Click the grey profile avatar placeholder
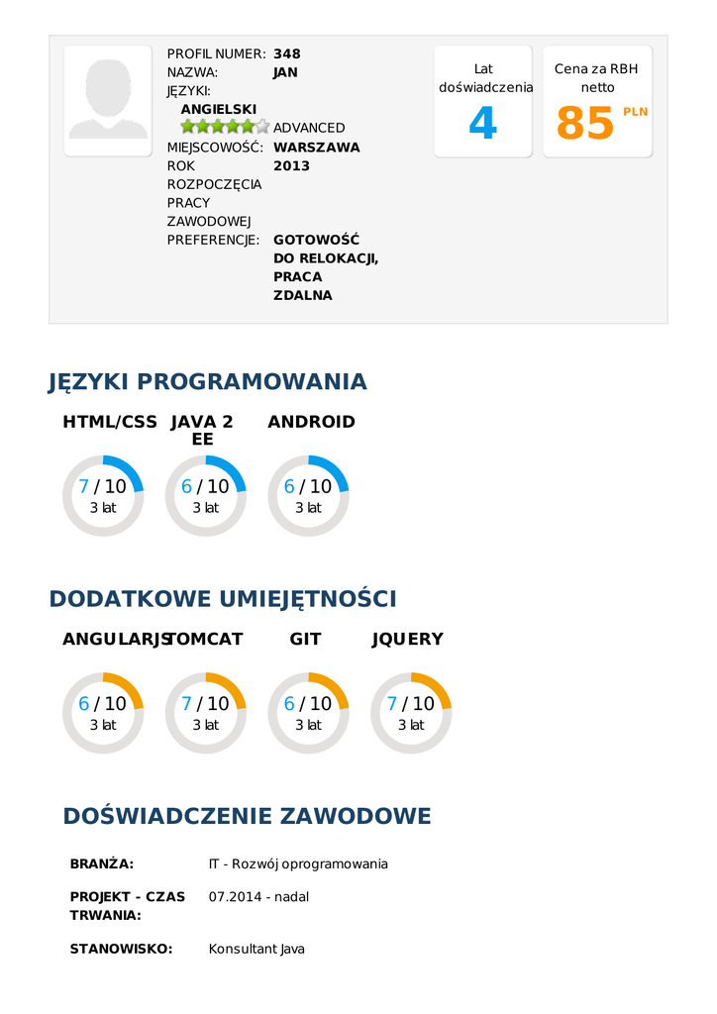coord(108,100)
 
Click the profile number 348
coord(287,53)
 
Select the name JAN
coord(285,72)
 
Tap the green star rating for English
coord(225,127)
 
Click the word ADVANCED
coord(309,128)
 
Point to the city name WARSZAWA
coord(316,147)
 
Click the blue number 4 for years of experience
coord(482,124)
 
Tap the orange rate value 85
coord(585,124)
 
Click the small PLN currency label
coord(635,112)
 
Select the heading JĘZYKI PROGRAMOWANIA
coord(208,381)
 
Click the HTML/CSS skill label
coord(110,422)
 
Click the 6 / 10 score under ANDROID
coord(308,486)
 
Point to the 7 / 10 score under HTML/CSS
coord(103,486)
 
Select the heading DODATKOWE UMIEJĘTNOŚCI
coord(223,599)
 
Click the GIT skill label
coord(305,640)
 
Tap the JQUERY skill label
coord(407,640)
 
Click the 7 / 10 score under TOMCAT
coord(205,704)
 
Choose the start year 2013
coord(291,165)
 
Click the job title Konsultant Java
coord(256,949)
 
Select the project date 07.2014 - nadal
coord(258,897)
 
